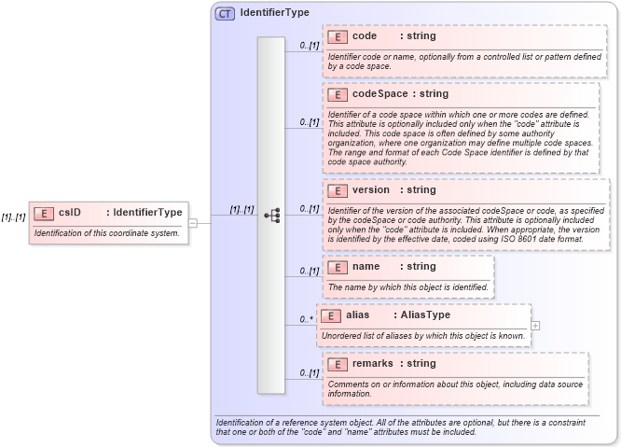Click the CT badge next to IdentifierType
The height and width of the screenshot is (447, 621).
[x=225, y=13]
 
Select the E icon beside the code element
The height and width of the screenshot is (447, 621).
[x=338, y=36]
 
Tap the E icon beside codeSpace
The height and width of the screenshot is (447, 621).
[x=338, y=94]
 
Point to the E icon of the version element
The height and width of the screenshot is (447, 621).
[x=338, y=190]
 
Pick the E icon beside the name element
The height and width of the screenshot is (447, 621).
[x=338, y=267]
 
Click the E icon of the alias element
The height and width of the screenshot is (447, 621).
[x=331, y=315]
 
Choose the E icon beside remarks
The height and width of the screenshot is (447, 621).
[x=338, y=364]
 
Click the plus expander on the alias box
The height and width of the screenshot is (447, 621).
[x=535, y=326]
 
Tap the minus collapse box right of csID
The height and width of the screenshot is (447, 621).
[x=193, y=223]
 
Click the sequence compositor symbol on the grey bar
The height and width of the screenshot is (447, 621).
[x=271, y=216]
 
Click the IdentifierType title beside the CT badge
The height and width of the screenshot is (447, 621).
[x=274, y=13]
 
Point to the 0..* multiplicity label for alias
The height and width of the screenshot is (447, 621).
[x=306, y=319]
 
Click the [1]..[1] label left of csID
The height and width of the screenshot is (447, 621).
[x=13, y=217]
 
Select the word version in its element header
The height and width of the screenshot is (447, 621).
[x=371, y=190]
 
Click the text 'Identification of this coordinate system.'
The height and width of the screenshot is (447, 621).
[x=106, y=232]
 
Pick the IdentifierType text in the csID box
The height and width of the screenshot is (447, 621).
[x=147, y=212]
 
